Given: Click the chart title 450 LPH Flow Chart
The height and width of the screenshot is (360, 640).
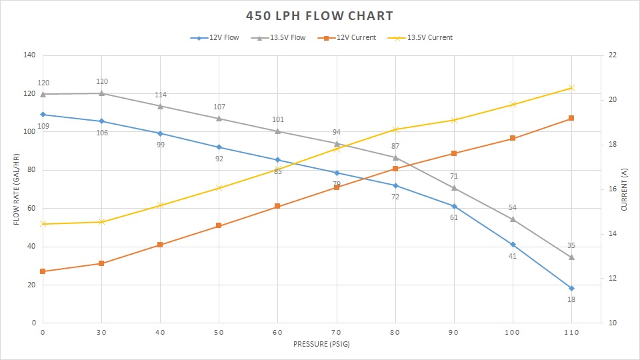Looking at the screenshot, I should point(319,15).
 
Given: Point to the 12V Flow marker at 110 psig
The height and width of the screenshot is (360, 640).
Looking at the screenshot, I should point(571,288).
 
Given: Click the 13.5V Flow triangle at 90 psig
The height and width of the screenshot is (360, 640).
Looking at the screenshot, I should point(454,187).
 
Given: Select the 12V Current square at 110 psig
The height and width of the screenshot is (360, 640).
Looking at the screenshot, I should point(571,118).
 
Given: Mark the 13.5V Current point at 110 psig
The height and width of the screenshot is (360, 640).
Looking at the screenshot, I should point(571,87).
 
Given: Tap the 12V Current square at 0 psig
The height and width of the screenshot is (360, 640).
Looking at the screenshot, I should point(43,271).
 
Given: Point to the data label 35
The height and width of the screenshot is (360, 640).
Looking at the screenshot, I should point(571,245).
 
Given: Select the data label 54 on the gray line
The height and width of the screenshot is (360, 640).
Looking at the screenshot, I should point(513,208).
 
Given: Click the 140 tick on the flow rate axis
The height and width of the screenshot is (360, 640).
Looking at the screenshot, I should point(29,55).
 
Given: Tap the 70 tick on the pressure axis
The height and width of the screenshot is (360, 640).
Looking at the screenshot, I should point(337,331).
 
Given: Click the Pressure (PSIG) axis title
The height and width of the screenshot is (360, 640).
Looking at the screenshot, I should point(321,345).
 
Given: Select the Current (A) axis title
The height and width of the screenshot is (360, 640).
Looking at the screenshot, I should point(624,189).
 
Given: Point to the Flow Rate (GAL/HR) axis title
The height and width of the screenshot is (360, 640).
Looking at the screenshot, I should point(16,189).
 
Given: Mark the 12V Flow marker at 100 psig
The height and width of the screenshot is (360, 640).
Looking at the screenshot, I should point(513,245).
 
